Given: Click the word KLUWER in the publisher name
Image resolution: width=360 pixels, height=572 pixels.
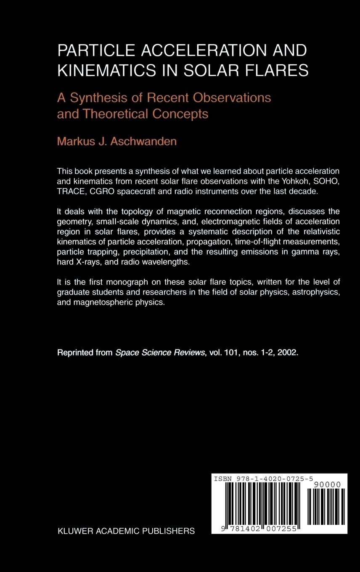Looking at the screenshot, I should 74,531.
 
